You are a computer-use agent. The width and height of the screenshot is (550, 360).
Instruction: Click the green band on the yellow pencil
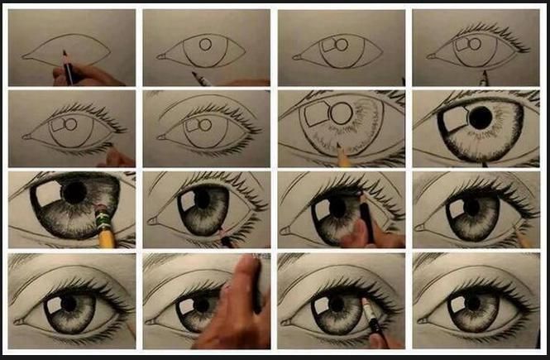(104, 218)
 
